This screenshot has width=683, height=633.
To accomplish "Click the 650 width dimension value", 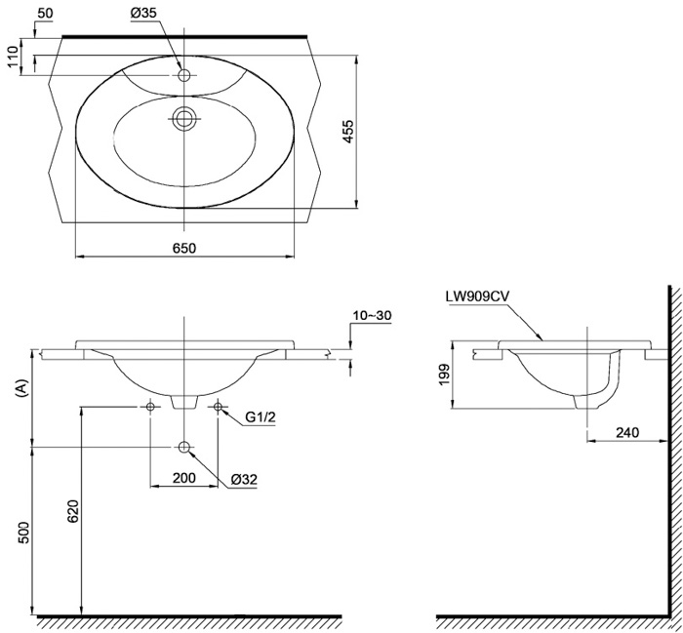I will [185, 248].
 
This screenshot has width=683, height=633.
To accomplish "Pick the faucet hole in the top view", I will [183, 74].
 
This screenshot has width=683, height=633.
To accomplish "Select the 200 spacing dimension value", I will [183, 478].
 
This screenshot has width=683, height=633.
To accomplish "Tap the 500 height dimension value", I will [24, 533].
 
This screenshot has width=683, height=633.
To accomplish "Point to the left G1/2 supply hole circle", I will [150, 406].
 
